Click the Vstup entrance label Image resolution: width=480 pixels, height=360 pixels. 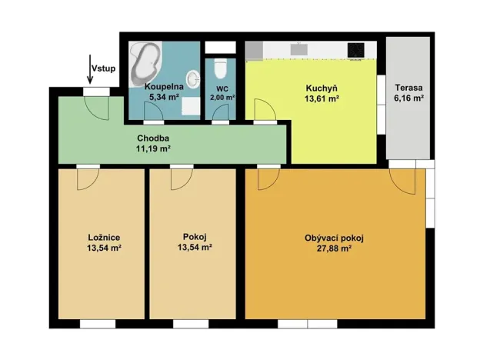click(x=104, y=68)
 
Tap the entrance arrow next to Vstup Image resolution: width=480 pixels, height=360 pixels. click(x=90, y=71)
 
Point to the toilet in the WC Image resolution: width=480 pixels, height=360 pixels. click(x=220, y=70)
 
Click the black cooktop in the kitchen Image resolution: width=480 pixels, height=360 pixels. click(x=355, y=50)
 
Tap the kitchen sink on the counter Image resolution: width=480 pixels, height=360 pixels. click(x=298, y=50)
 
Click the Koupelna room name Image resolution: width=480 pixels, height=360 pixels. click(x=163, y=88)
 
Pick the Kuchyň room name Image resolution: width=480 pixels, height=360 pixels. click(x=322, y=88)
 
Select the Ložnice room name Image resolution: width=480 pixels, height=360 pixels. click(x=103, y=237)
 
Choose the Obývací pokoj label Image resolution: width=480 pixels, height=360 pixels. click(x=334, y=238)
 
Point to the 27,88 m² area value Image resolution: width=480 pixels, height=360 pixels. click(x=334, y=248)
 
